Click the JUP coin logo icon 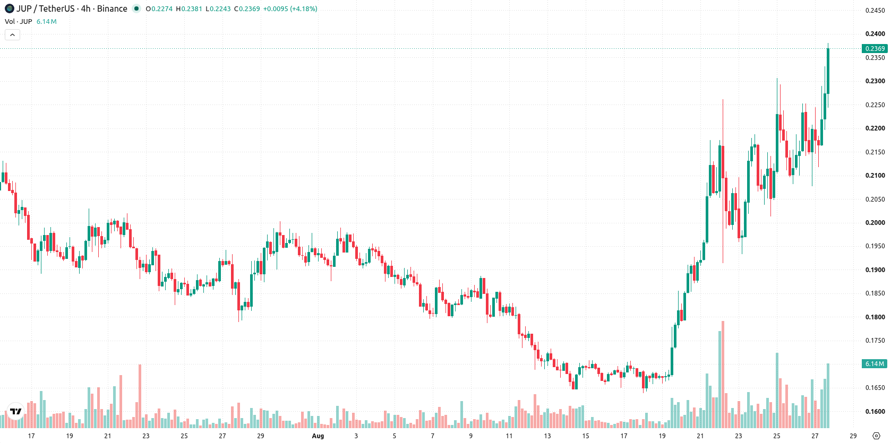[x=9, y=8]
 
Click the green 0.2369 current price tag [x=875, y=48]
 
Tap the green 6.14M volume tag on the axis [x=875, y=363]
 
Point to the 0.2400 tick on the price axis [x=875, y=34]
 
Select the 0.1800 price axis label [x=875, y=317]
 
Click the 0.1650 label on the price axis [x=875, y=388]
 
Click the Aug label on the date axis [x=318, y=436]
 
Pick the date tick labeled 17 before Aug [x=31, y=436]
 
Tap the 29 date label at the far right [x=853, y=436]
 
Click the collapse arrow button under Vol [x=12, y=35]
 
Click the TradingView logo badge [x=16, y=411]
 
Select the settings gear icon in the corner [x=876, y=436]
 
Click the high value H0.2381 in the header [x=189, y=8]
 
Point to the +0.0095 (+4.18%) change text [x=290, y=8]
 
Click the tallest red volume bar [x=723, y=374]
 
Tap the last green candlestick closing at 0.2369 [x=828, y=71]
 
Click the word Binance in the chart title [x=112, y=8]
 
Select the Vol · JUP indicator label [x=18, y=21]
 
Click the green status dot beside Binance [x=136, y=8]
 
